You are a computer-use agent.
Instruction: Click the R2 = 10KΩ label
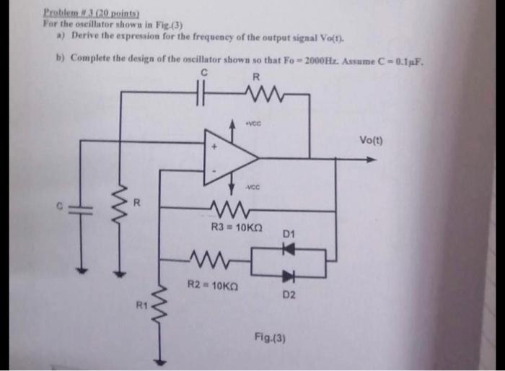click(x=210, y=284)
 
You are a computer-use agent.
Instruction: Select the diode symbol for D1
click(x=289, y=248)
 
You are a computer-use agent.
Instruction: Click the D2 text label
click(x=289, y=294)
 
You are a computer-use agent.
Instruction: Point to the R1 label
click(x=141, y=307)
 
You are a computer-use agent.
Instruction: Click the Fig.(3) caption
click(x=268, y=336)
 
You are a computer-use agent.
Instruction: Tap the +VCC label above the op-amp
click(x=252, y=121)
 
